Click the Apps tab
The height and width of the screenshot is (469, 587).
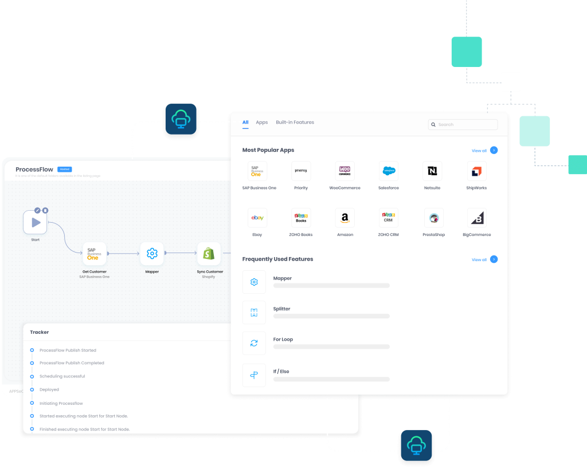pyautogui.click(x=261, y=123)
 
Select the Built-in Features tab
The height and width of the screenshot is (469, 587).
pyautogui.click(x=295, y=123)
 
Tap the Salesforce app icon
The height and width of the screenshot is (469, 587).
pyautogui.click(x=389, y=171)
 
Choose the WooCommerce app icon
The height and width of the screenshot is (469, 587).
pyautogui.click(x=345, y=171)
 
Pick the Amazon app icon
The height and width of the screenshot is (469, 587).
pyautogui.click(x=345, y=218)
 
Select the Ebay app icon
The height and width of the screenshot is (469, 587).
pyautogui.click(x=257, y=218)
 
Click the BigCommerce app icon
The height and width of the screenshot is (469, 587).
pyautogui.click(x=476, y=218)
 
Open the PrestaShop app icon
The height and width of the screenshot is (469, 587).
pyautogui.click(x=433, y=218)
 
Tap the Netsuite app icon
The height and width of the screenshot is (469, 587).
pyautogui.click(x=432, y=171)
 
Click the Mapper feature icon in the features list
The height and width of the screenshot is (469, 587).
pyautogui.click(x=254, y=282)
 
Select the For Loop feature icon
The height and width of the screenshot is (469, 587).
pyautogui.click(x=254, y=343)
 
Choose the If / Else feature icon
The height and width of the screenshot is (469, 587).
pyautogui.click(x=254, y=375)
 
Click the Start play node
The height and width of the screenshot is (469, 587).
pyautogui.click(x=35, y=222)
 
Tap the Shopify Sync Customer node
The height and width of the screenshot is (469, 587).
pyautogui.click(x=209, y=253)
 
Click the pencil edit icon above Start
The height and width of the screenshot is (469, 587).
pyautogui.click(x=38, y=210)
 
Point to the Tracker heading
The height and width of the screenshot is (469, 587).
pyautogui.click(x=40, y=332)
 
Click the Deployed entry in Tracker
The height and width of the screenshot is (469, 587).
pyautogui.click(x=49, y=389)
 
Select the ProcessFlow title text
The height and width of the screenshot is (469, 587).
pyautogui.click(x=34, y=170)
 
